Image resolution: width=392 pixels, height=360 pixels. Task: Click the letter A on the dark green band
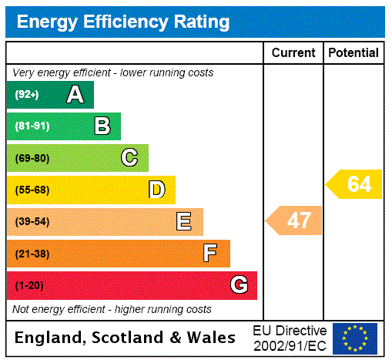pos(75,95)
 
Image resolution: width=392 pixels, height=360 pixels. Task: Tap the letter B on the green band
pos(102,126)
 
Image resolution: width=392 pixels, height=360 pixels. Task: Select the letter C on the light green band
pos(129,158)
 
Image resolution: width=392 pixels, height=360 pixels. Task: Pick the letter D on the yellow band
pos(156,190)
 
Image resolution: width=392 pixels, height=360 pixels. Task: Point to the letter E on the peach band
pos(184,222)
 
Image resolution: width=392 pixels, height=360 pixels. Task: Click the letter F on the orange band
pos(210,254)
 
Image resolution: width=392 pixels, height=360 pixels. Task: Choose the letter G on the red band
pos(239,285)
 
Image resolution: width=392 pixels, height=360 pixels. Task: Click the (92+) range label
pos(26,95)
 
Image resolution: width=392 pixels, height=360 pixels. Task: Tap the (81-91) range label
pos(32,126)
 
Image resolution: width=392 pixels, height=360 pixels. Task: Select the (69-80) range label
pos(32,158)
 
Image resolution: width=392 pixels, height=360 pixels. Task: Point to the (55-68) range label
pos(32,190)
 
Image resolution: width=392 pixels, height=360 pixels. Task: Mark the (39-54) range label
pos(32,222)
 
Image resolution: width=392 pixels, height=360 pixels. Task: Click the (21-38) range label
pos(32,254)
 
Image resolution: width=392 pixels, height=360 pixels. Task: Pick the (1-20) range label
pos(29,285)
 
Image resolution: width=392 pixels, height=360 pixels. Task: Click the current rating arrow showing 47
pos(295,221)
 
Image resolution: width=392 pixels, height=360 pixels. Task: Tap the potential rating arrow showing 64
pos(355,184)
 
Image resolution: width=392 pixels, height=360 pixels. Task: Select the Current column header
pos(293,53)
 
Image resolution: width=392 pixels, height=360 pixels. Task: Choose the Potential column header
pos(353,53)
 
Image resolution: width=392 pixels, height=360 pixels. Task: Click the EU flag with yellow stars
pos(355,338)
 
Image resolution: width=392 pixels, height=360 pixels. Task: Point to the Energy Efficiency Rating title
pos(123,22)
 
